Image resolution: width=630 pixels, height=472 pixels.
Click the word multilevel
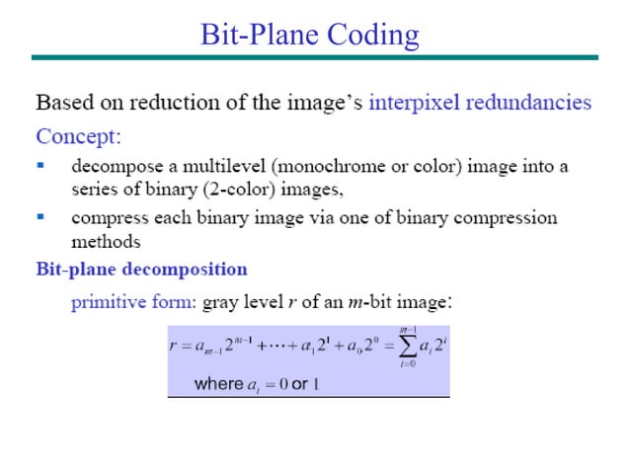[205, 166]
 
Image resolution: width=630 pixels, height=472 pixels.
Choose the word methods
[106, 241]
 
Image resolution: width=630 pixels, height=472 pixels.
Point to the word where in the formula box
[218, 383]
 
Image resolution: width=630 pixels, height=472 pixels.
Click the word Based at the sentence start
[61, 102]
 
